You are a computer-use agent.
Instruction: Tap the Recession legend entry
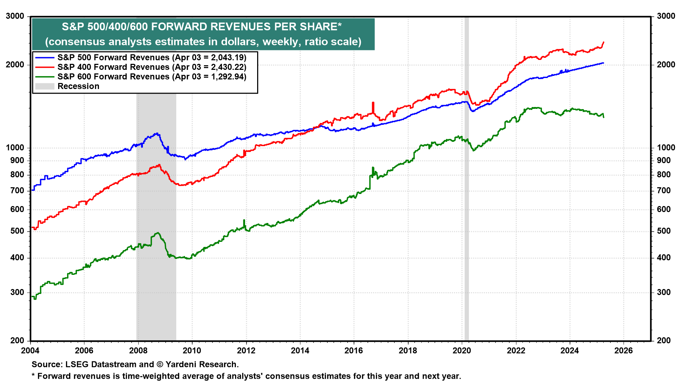click(78, 86)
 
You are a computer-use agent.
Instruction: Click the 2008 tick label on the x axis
click(138, 351)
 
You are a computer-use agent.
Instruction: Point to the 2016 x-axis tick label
click(354, 351)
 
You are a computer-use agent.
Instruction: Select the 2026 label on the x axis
click(624, 351)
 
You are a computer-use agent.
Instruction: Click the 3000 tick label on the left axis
click(15, 16)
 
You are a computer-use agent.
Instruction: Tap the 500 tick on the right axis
click(664, 231)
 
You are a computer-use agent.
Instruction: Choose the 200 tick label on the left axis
click(17, 341)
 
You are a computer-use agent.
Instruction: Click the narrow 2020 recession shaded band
click(467, 213)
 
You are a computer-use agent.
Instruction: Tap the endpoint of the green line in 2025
click(604, 117)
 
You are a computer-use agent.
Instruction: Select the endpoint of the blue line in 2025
click(603, 63)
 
